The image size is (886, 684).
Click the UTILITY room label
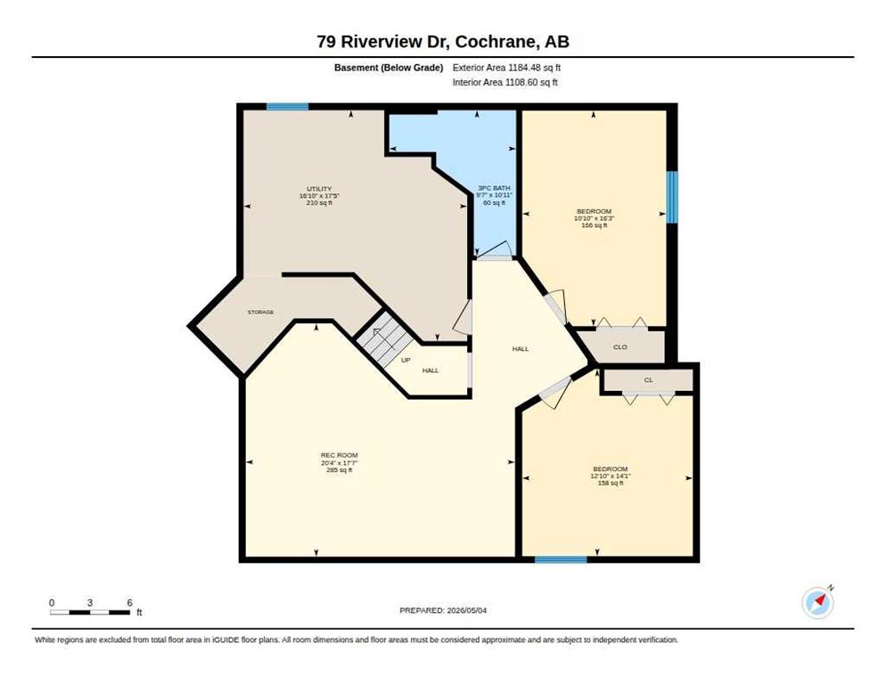(x=319, y=189)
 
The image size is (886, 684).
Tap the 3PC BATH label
(x=494, y=188)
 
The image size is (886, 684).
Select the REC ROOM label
(x=339, y=455)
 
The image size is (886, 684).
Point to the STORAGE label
(x=260, y=312)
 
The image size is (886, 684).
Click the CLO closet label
(x=619, y=346)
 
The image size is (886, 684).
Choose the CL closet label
(x=648, y=380)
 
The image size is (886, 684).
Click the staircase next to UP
(x=385, y=339)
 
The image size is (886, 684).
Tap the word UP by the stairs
(x=406, y=360)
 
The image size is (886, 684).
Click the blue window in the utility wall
(x=288, y=106)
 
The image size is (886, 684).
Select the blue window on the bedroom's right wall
(x=672, y=197)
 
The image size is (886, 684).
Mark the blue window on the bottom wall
(x=561, y=559)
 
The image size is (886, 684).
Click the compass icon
(x=817, y=603)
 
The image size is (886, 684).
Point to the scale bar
(x=90, y=612)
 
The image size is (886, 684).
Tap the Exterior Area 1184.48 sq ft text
(x=506, y=68)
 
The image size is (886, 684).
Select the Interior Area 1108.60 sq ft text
(x=505, y=83)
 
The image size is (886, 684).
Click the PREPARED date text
(x=443, y=611)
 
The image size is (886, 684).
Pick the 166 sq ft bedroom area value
(x=594, y=225)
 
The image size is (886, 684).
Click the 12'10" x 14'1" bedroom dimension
(x=611, y=476)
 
